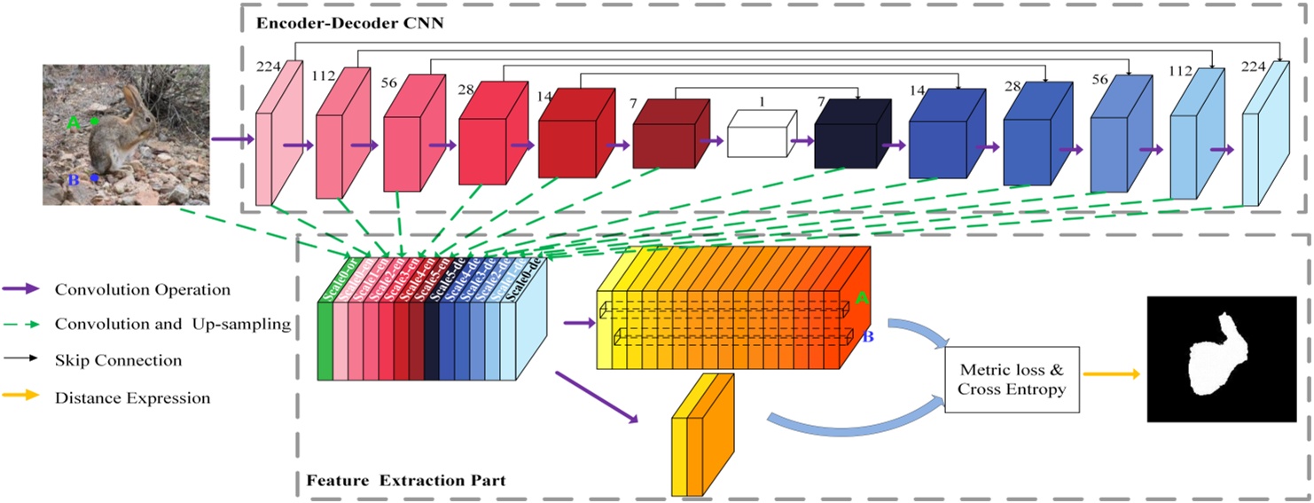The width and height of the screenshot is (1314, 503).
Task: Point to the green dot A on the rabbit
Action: point(95,120)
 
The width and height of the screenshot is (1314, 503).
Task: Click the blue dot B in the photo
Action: point(93,178)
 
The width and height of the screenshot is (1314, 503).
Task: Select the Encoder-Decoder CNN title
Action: point(349,23)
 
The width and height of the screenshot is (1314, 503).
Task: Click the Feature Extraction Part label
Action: point(406,481)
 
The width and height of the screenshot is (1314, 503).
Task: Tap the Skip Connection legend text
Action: point(118,360)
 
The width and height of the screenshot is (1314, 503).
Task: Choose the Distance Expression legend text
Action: point(132,397)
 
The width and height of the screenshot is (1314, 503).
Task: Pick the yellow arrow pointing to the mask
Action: point(1111,375)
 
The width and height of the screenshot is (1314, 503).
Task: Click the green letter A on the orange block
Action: point(861,300)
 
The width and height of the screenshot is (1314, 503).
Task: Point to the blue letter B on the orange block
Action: point(868,337)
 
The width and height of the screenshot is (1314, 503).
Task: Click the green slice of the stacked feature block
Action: point(325,341)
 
